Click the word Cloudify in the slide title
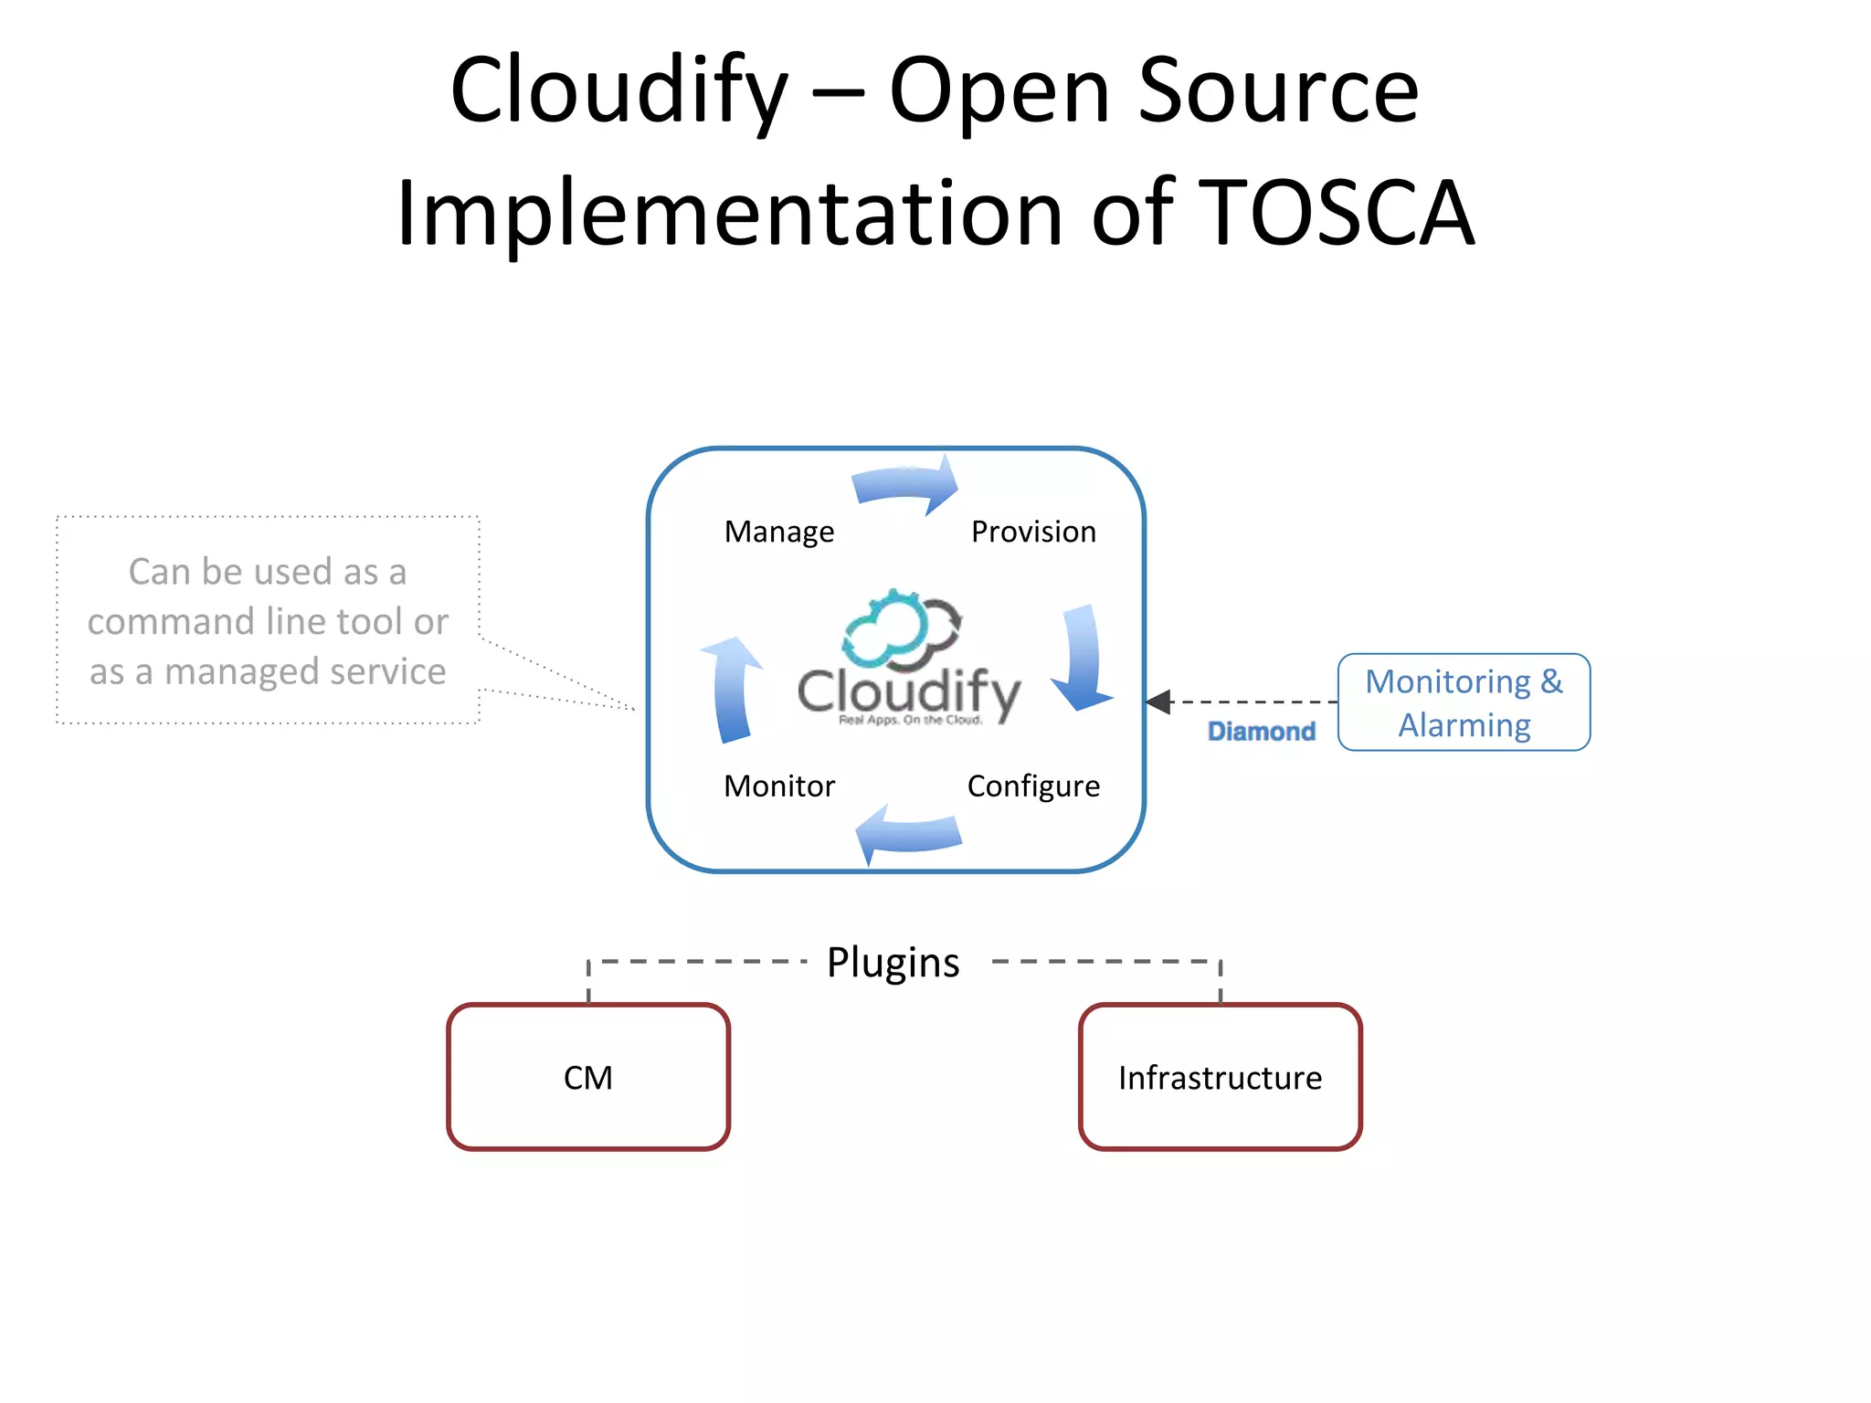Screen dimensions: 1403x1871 tap(618, 91)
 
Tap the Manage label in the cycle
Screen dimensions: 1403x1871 tap(778, 532)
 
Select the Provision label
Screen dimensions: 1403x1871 tap(1033, 532)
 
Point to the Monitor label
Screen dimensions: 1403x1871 tap(778, 786)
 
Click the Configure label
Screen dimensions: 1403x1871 tap(1033, 786)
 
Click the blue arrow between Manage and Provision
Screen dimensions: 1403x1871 tap(904, 484)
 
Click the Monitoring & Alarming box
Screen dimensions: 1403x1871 tap(1464, 702)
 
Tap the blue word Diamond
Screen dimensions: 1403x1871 tap(1261, 732)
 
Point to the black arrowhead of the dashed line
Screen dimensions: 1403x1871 tap(1159, 701)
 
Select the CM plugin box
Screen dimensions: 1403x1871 tap(588, 1077)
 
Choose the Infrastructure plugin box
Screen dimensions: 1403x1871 tap(1220, 1077)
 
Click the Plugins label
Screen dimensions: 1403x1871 tap(893, 963)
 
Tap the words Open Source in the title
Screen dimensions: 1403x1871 tap(1153, 91)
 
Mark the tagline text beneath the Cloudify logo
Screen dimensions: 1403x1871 tap(910, 721)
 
